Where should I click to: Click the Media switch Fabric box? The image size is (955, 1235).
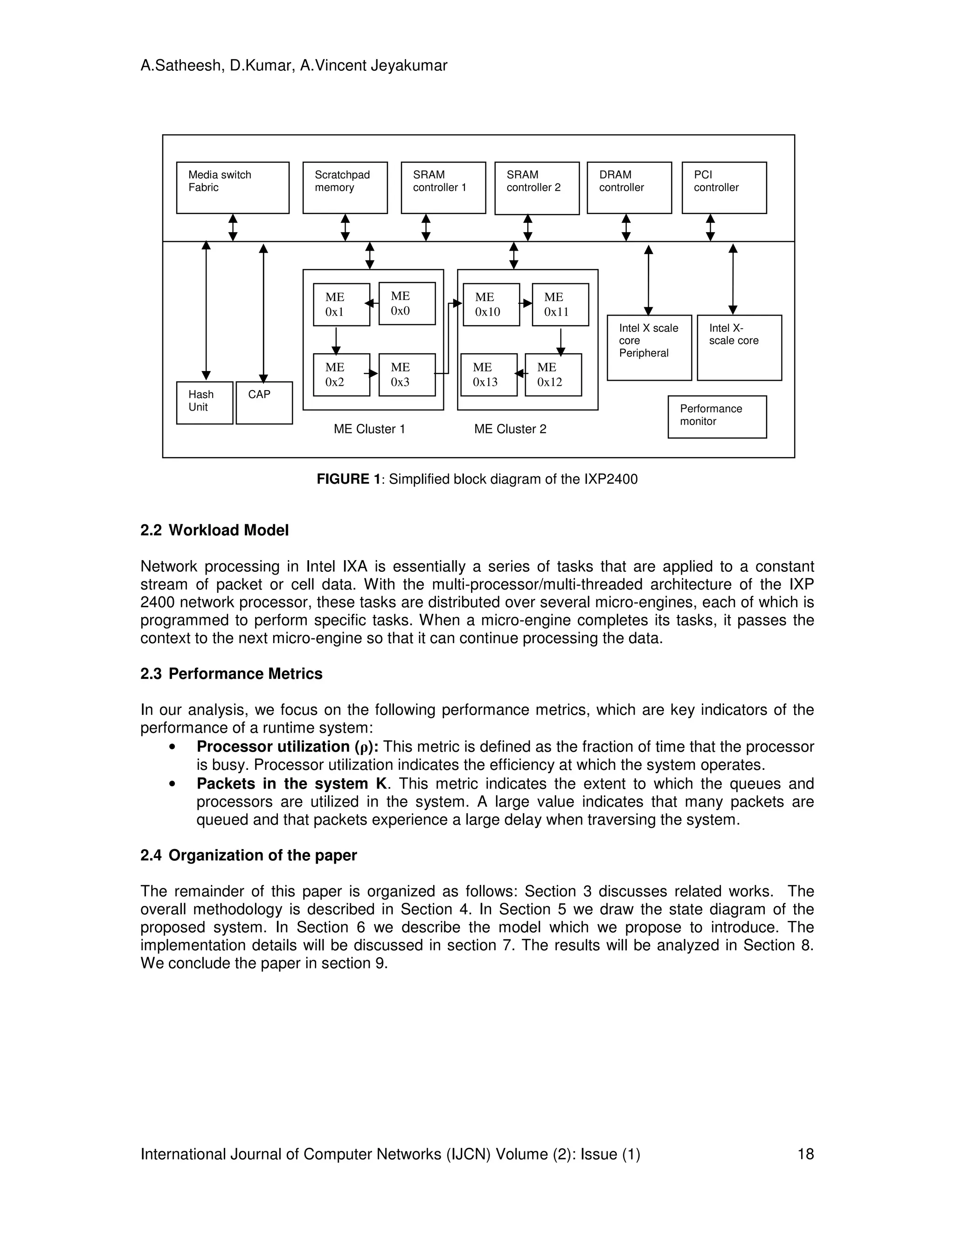click(233, 188)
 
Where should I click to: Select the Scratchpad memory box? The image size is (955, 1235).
click(345, 188)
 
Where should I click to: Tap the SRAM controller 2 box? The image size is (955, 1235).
click(536, 188)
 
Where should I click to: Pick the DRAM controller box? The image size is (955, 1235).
click(629, 188)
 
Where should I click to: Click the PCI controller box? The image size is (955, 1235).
click(724, 188)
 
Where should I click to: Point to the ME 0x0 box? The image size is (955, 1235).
click(407, 304)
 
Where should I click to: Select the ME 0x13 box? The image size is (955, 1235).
click(488, 375)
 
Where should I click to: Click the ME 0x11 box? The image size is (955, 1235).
click(560, 305)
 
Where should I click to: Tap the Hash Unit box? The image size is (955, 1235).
click(204, 403)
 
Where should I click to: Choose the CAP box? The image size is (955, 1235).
click(263, 403)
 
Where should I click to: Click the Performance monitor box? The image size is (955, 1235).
click(717, 417)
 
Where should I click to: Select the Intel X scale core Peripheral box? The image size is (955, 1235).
click(649, 348)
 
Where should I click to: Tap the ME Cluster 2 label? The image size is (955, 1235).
click(510, 429)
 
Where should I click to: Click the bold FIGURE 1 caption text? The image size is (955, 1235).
click(348, 479)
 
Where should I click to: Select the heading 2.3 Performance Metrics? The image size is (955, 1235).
click(231, 673)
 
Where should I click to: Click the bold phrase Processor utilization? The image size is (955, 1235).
click(273, 747)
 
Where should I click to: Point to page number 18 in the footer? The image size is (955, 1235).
click(805, 1154)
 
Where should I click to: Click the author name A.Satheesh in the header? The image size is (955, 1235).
click(180, 66)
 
